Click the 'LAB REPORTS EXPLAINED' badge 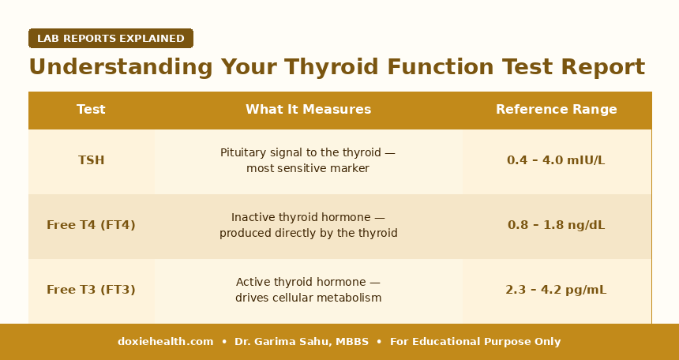[x=111, y=39]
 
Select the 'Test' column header [x=91, y=110]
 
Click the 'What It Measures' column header [x=308, y=110]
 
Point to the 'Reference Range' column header [x=556, y=110]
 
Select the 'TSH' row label [x=91, y=160]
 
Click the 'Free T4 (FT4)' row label [x=91, y=225]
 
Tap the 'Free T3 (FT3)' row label [x=91, y=290]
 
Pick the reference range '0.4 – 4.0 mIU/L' [x=556, y=160]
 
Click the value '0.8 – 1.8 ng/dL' [x=556, y=225]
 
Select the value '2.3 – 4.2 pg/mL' [x=556, y=290]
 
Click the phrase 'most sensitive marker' [x=308, y=168]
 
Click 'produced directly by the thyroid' [x=308, y=234]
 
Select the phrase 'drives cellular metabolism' [x=308, y=298]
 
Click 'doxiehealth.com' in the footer [x=165, y=342]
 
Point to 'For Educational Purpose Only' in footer [x=475, y=342]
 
